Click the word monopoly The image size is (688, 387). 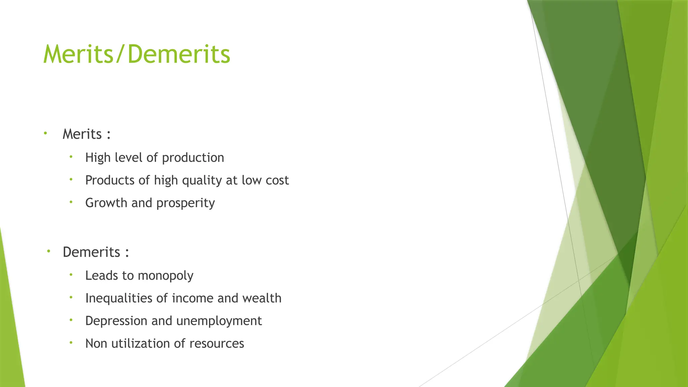click(x=166, y=276)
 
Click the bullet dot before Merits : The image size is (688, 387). click(x=45, y=133)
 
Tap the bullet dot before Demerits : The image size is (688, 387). click(x=48, y=251)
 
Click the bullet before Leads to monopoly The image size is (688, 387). click(x=71, y=275)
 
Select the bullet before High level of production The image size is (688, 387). click(x=71, y=157)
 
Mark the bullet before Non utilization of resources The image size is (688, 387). click(x=71, y=343)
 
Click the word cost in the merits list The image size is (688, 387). click(x=277, y=180)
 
